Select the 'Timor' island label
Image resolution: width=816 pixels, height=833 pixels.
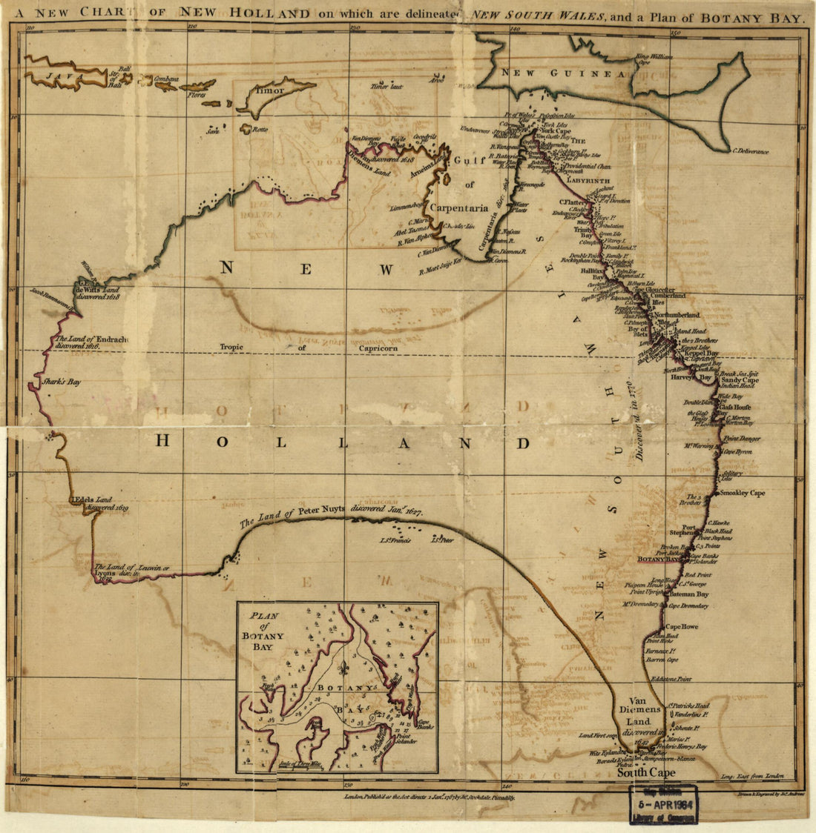[269, 91]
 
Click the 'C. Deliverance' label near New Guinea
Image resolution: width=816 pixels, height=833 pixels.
[751, 152]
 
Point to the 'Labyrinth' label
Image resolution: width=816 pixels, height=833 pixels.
[588, 180]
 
